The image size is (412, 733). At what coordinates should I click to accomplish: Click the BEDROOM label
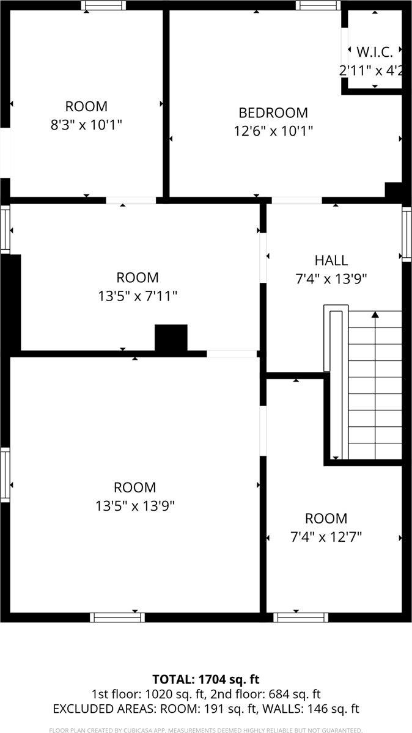[x=273, y=113]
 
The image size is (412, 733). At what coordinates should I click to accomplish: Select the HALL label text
[x=331, y=260]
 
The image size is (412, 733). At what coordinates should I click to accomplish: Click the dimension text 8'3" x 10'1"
[x=86, y=124]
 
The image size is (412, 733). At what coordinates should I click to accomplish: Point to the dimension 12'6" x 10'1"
[x=273, y=131]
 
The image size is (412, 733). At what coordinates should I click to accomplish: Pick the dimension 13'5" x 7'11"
[x=138, y=296]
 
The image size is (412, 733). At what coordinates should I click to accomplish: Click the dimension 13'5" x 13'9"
[x=134, y=506]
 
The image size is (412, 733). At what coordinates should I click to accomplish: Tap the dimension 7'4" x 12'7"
[x=326, y=537]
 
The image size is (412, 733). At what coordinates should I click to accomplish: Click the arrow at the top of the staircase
[x=375, y=315]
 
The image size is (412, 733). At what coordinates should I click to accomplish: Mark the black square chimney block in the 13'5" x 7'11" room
[x=171, y=338]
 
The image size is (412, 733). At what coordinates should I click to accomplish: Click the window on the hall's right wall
[x=406, y=234]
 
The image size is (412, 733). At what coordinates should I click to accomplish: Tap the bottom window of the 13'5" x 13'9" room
[x=117, y=617]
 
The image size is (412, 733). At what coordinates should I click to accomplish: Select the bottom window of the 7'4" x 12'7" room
[x=300, y=617]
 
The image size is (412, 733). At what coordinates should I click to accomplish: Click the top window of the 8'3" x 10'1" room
[x=104, y=5]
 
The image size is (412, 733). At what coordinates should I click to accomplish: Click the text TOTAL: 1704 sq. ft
[x=205, y=679]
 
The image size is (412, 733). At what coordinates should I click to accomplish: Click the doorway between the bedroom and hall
[x=296, y=200]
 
